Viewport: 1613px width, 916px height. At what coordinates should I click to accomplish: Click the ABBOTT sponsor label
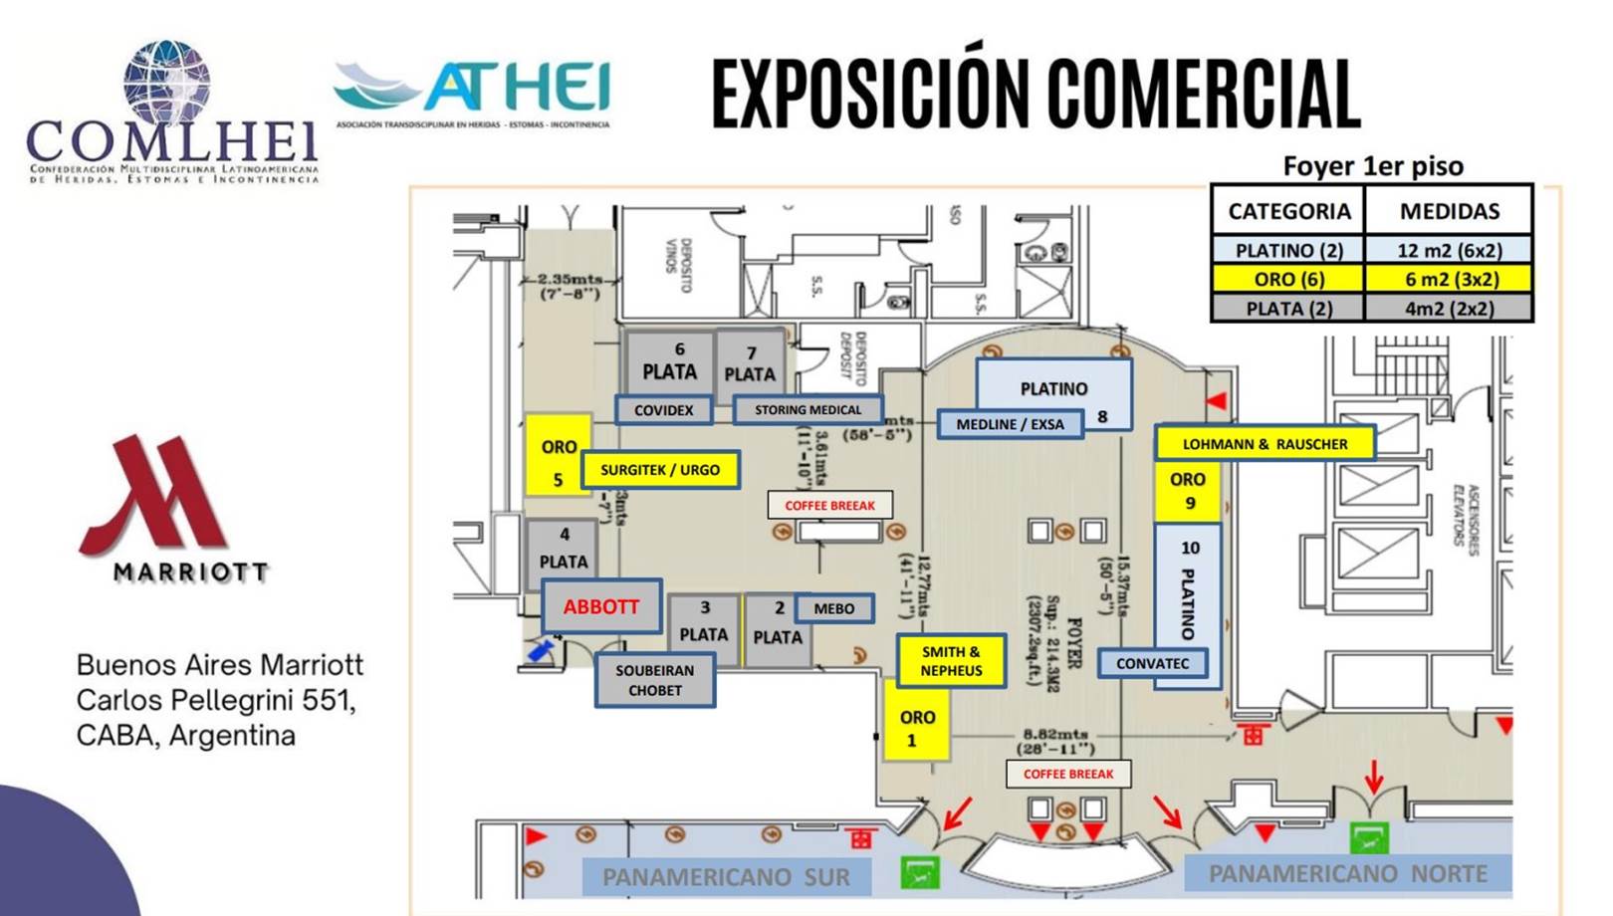601,606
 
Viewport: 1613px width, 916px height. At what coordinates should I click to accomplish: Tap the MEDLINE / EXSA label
1010,424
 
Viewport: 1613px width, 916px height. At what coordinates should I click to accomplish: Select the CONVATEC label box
1152,663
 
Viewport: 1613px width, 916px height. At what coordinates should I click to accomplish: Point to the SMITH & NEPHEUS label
950,661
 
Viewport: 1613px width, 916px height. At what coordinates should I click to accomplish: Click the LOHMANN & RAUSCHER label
1265,444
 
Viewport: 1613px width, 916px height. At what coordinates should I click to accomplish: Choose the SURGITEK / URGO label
659,470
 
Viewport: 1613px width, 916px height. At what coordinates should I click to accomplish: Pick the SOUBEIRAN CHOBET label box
654,680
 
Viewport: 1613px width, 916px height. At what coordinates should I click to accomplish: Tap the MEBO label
833,608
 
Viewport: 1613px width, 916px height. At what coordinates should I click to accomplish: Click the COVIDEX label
663,410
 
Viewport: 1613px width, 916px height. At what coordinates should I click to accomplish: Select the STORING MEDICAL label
807,410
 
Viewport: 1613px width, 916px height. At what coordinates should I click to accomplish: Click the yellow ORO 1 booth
916,728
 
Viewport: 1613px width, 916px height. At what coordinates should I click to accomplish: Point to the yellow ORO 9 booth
1187,491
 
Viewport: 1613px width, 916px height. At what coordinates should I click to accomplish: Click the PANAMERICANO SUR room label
726,877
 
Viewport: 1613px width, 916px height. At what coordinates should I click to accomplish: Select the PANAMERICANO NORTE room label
1347,874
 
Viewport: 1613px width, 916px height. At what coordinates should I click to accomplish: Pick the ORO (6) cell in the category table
1288,279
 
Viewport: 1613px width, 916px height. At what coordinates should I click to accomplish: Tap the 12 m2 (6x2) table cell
1449,250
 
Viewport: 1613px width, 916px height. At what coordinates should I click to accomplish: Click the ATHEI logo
472,92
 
